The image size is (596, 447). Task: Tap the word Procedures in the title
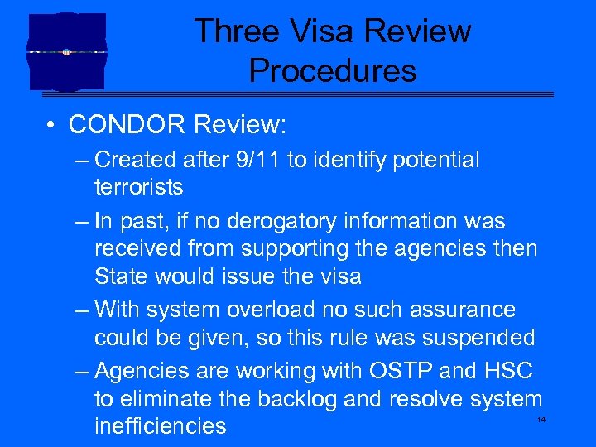tap(333, 71)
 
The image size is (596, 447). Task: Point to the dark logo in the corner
tap(66, 51)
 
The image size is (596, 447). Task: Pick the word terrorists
tap(139, 187)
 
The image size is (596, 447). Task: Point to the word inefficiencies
tap(161, 426)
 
